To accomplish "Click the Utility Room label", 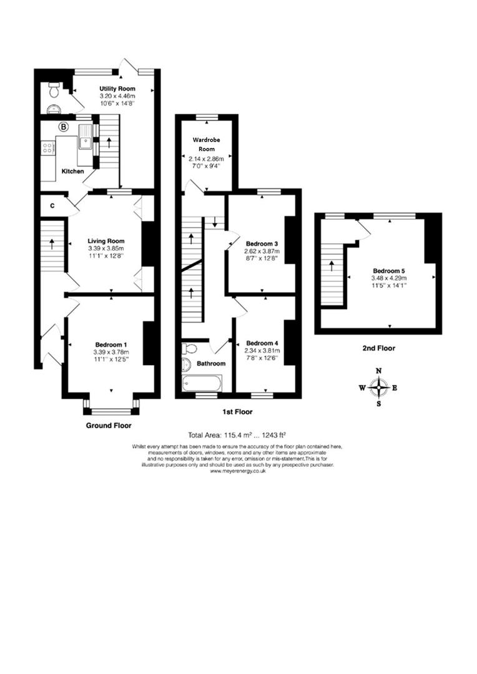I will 117,89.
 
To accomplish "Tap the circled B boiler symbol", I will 63,127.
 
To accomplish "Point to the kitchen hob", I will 46,148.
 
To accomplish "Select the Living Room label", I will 106,241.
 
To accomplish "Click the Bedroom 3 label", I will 261,243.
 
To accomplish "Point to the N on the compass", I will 378,371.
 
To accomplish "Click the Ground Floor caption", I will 109,425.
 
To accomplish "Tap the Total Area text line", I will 237,435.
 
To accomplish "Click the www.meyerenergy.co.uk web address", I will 238,471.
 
